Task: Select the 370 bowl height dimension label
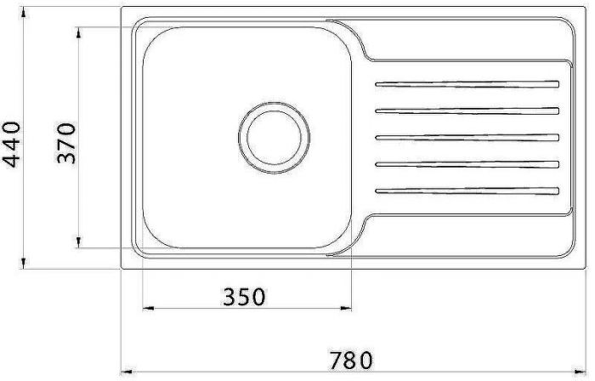tap(67, 143)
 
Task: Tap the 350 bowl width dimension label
tap(244, 297)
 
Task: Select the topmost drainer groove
tap(467, 84)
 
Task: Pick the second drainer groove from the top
tap(467, 111)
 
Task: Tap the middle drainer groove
tap(467, 137)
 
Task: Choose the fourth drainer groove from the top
tap(467, 163)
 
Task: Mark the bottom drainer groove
tap(467, 190)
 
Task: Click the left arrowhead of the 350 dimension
tap(144, 309)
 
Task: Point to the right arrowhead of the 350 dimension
tap(349, 309)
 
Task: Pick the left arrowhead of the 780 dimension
tap(122, 372)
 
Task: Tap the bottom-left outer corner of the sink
tap(122, 269)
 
